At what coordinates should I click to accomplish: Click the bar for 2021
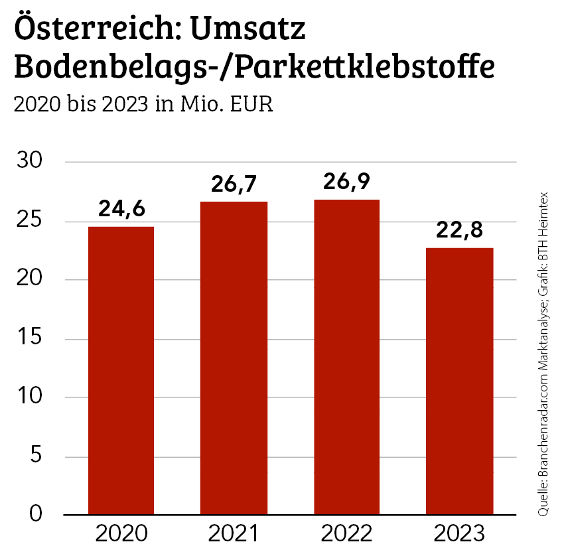234,358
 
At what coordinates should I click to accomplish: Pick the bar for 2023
460,381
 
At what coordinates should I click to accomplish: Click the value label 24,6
121,209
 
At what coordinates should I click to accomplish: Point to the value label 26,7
234,184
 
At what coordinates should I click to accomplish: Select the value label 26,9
347,182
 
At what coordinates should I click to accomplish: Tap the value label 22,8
460,230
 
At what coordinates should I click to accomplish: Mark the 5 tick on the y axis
36,456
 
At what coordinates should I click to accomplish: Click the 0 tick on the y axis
36,515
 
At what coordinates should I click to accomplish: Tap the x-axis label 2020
121,533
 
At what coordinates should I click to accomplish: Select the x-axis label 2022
347,533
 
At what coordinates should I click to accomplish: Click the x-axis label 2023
460,533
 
